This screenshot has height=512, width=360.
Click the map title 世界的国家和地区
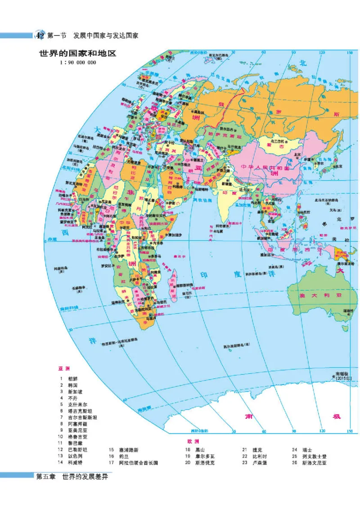tap(78, 54)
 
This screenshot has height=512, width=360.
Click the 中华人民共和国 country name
tap(265, 168)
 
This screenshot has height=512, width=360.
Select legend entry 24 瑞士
tap(306, 449)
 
